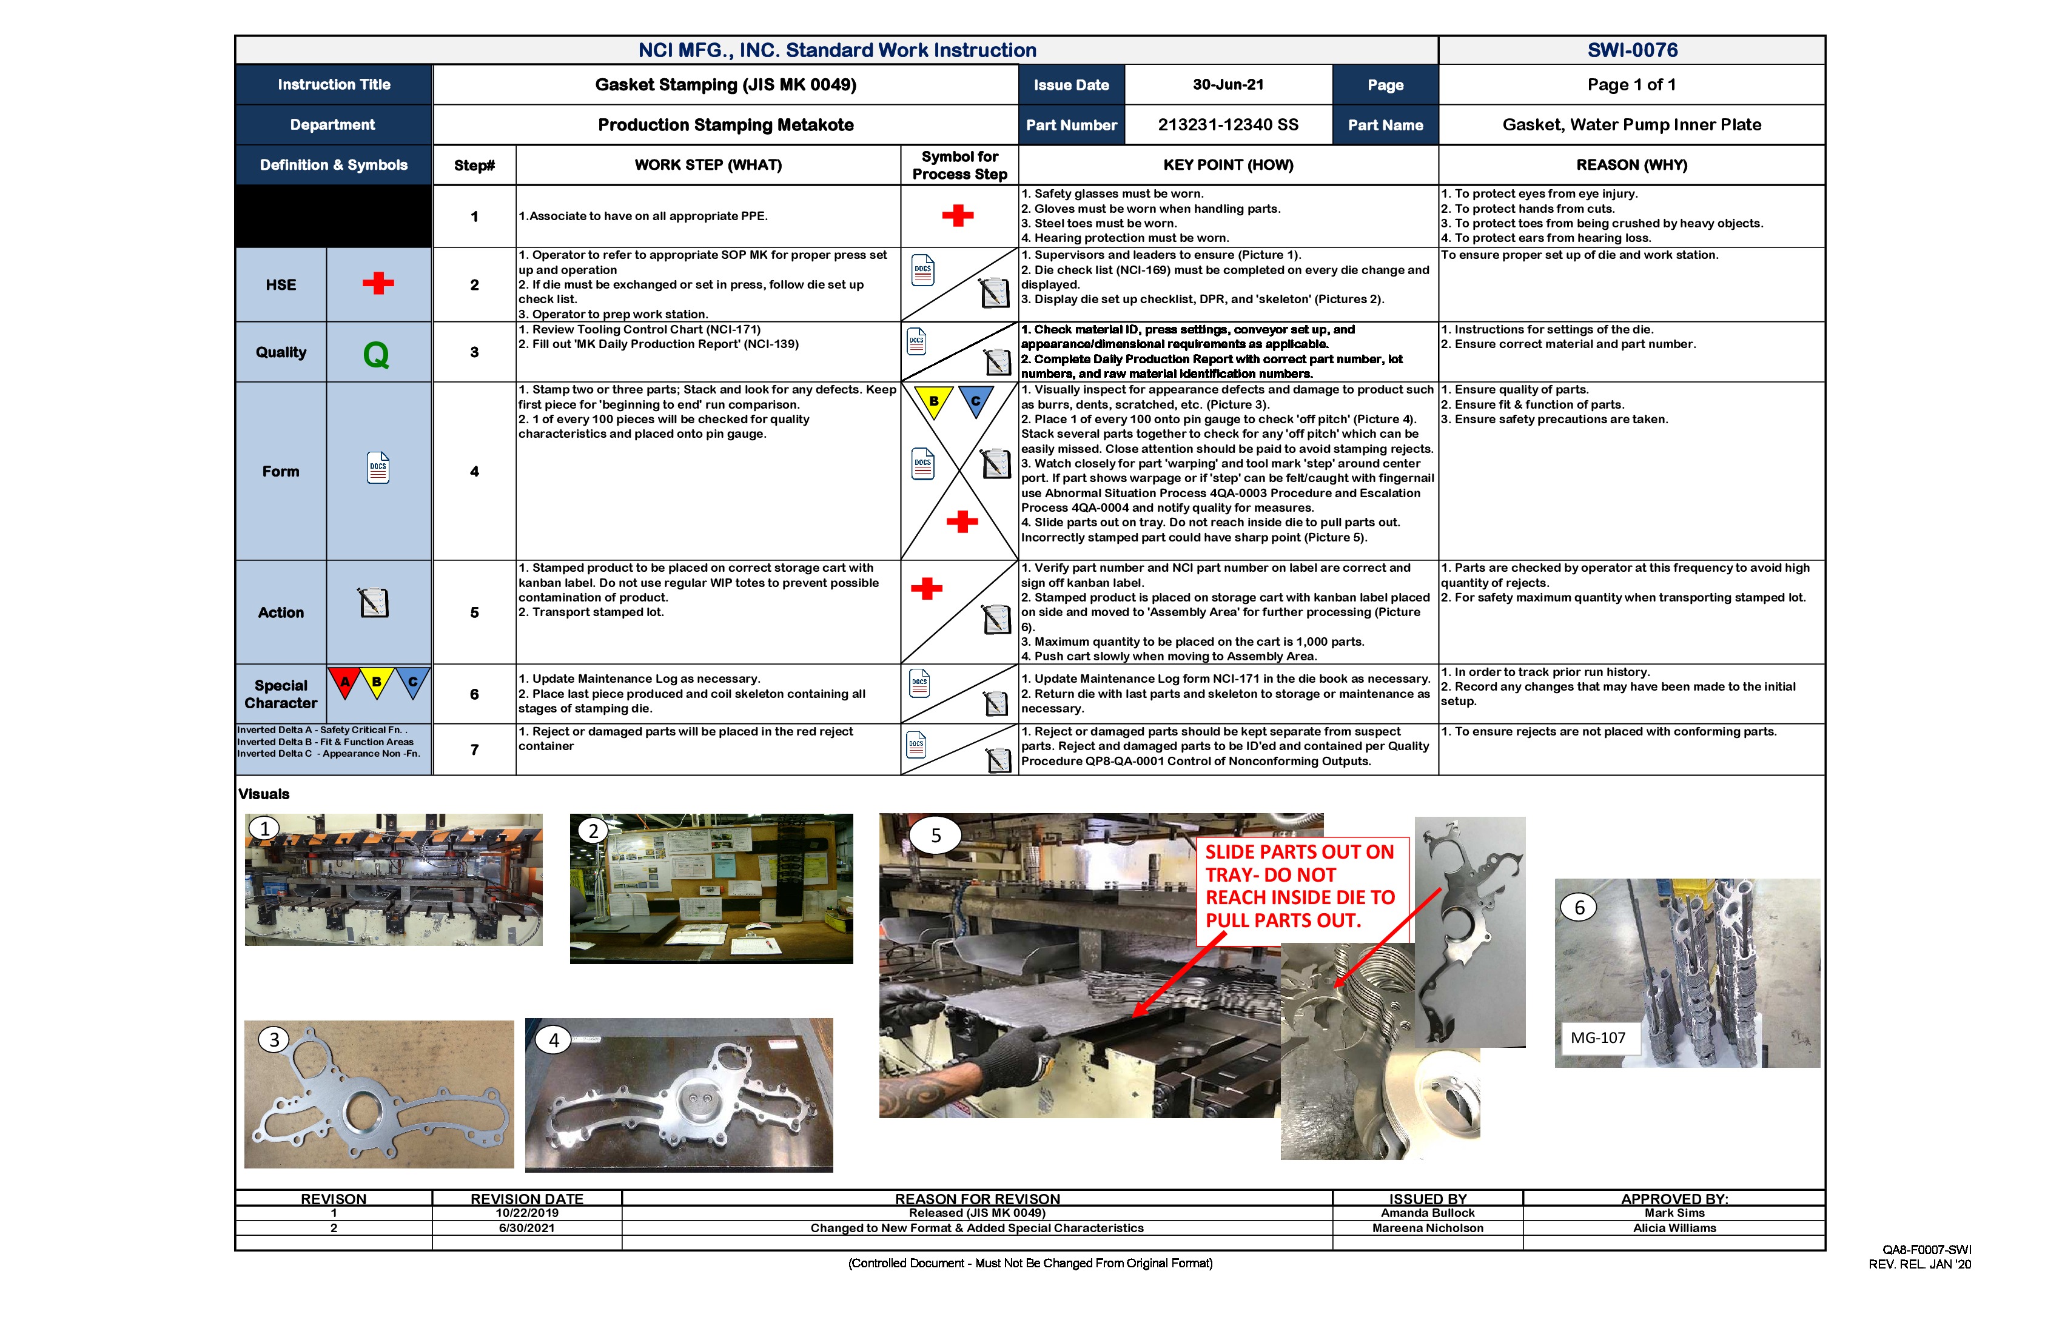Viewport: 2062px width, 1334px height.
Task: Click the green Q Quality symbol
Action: (x=376, y=354)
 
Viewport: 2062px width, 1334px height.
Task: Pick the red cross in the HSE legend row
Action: (x=378, y=283)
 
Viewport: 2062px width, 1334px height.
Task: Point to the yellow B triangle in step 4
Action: (x=934, y=401)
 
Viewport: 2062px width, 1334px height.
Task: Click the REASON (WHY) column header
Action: (x=1631, y=164)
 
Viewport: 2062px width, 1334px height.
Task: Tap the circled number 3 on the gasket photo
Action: (x=274, y=1039)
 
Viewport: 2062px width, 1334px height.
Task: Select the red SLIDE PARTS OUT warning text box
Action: (x=1300, y=886)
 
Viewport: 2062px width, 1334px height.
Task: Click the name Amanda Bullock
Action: (x=1427, y=1213)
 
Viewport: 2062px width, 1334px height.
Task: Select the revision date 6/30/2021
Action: (x=527, y=1228)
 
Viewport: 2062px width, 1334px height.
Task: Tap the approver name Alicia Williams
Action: (x=1674, y=1228)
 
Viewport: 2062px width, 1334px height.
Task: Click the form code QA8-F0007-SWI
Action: (x=1926, y=1250)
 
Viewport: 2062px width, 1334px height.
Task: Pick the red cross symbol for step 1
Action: (x=958, y=216)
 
